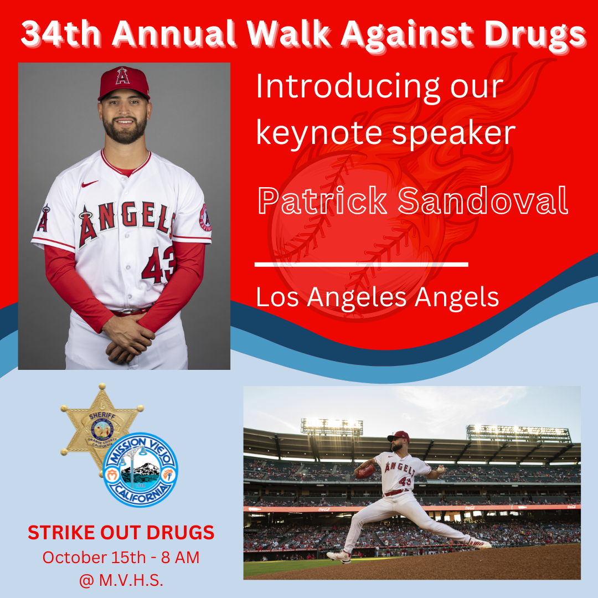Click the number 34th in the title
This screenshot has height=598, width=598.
coord(61,34)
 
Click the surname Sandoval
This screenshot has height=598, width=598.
coord(483,200)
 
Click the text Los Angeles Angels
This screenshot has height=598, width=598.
coord(377,297)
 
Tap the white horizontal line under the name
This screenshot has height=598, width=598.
coord(361,264)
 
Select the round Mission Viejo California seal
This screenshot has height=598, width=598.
coord(140,470)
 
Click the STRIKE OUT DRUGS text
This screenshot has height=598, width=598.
coord(121,533)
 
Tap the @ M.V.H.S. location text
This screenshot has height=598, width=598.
coord(121,580)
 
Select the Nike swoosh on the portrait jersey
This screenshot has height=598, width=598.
coord(90,184)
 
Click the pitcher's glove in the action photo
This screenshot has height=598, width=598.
coord(365,471)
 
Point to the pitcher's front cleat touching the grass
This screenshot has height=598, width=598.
coord(339,556)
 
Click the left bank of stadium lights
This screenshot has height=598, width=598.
coord(332,427)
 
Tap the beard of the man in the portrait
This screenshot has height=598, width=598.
coord(125,130)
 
